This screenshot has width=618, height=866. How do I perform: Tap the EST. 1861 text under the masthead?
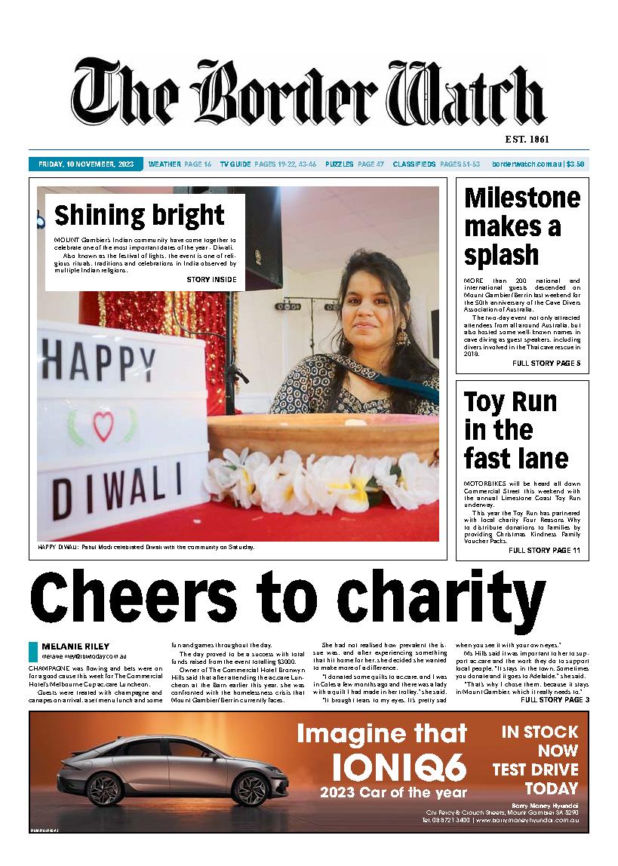526,140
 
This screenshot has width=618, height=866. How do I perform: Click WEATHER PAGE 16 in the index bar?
180,164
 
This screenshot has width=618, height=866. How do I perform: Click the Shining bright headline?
140,216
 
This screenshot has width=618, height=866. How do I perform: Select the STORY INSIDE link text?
211,280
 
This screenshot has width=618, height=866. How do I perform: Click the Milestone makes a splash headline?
522,226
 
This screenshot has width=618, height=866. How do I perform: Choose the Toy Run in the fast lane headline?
516,430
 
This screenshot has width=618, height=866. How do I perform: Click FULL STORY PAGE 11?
544,551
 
